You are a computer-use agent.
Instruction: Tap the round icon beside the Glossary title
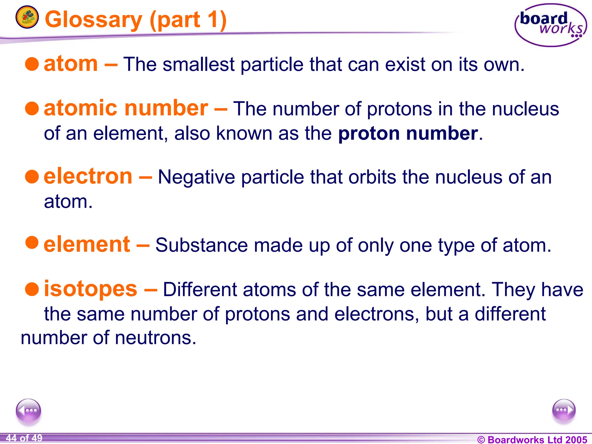tap(27, 17)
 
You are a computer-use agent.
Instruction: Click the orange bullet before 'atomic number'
tap(32, 108)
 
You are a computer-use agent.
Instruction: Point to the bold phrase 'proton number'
tap(408, 134)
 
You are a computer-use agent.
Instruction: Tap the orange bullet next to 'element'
tap(32, 242)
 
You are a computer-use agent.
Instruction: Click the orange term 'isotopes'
tap(90, 289)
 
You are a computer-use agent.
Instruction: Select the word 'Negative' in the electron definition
tap(196, 177)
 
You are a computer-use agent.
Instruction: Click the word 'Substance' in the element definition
tap(201, 245)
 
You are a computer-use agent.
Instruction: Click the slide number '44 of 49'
tap(24, 438)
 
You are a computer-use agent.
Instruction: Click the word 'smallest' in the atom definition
tap(199, 64)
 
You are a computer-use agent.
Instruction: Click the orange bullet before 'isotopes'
tap(32, 289)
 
